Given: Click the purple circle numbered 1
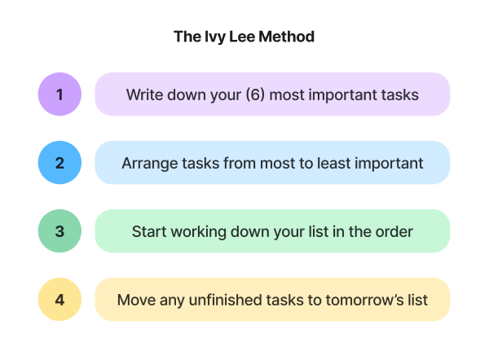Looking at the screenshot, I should (x=59, y=94).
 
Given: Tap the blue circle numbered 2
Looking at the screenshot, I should (x=59, y=163).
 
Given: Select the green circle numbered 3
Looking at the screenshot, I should (x=59, y=231).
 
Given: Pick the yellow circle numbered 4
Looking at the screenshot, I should (x=59, y=299).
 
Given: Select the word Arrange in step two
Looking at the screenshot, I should (x=149, y=163).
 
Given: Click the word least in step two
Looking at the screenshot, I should (x=339, y=163).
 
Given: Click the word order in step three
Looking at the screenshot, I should (x=394, y=231).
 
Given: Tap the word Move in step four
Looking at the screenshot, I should (x=135, y=299).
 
